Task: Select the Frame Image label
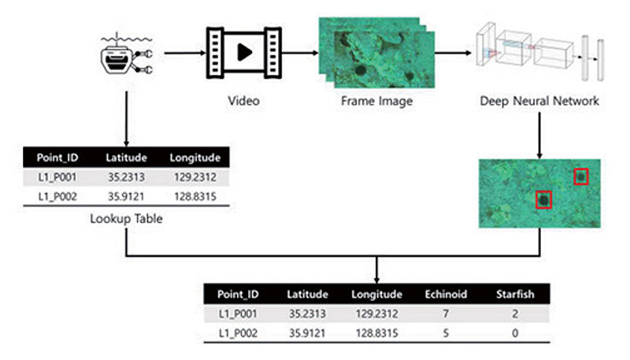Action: [x=376, y=102]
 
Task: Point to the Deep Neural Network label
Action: [x=539, y=102]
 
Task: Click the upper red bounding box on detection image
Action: [x=581, y=177]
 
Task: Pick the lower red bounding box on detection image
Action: [x=543, y=199]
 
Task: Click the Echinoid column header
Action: [x=446, y=295]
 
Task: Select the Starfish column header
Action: [x=514, y=295]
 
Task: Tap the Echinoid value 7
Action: [x=446, y=314]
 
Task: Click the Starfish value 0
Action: [x=514, y=332]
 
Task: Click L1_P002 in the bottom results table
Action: [x=237, y=332]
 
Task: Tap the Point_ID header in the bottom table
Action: [x=237, y=295]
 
